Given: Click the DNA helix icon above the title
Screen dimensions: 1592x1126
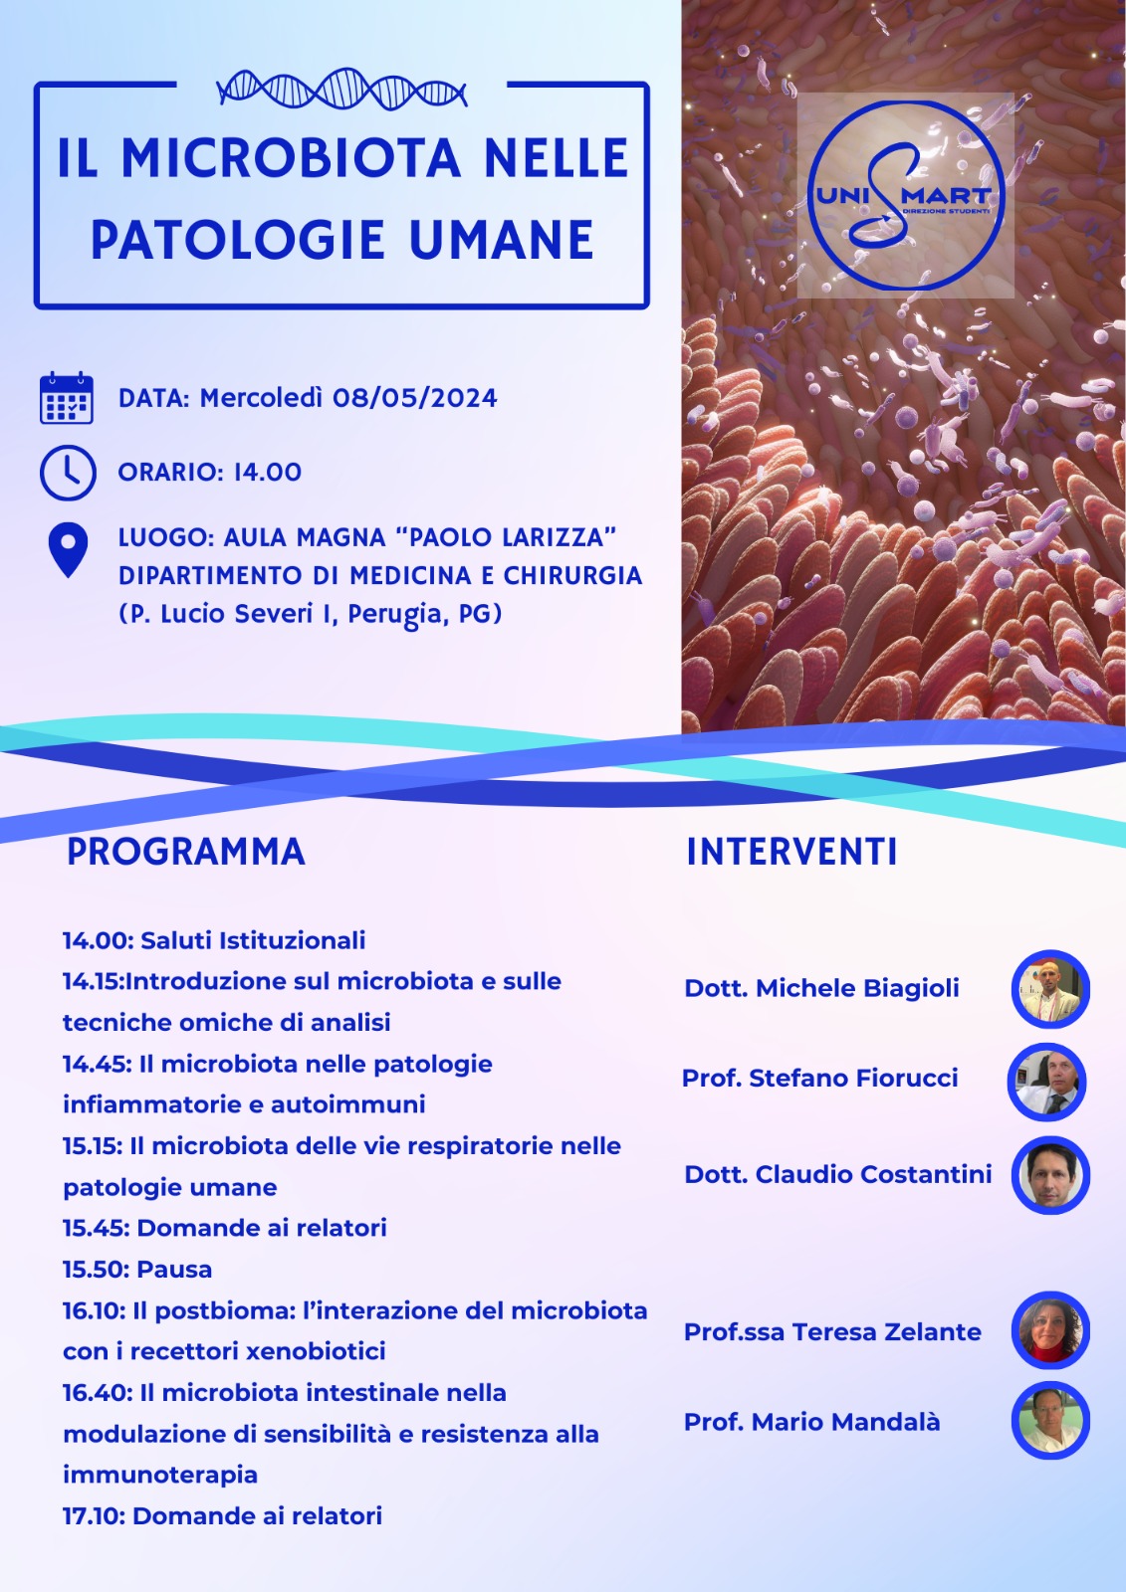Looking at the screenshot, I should [341, 91].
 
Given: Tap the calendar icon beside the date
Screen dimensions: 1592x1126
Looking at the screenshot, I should [67, 398].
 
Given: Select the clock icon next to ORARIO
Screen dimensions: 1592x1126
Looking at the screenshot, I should [68, 473].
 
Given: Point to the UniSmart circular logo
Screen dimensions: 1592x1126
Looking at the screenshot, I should [905, 195].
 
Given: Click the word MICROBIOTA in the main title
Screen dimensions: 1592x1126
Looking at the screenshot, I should [291, 159].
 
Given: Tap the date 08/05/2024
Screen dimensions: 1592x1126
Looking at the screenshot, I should [414, 398].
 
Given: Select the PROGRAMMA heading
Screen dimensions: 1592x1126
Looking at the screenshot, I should [185, 852].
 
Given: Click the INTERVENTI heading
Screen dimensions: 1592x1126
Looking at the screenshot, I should [791, 852].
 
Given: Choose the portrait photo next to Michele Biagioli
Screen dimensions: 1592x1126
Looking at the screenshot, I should [1050, 989].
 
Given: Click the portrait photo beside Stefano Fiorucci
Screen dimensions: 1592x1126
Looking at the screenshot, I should [1046, 1082].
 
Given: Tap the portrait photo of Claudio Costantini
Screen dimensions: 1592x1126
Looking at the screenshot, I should [1050, 1175].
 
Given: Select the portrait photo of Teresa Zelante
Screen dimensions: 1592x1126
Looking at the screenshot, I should [1050, 1330].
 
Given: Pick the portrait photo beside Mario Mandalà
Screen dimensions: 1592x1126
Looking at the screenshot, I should [1050, 1421].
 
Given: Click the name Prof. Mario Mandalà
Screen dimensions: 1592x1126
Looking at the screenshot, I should [811, 1422].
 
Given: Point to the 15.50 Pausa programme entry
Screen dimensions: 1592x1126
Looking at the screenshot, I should [137, 1270].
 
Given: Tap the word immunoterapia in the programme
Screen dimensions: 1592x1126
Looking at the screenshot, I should [160, 1475].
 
